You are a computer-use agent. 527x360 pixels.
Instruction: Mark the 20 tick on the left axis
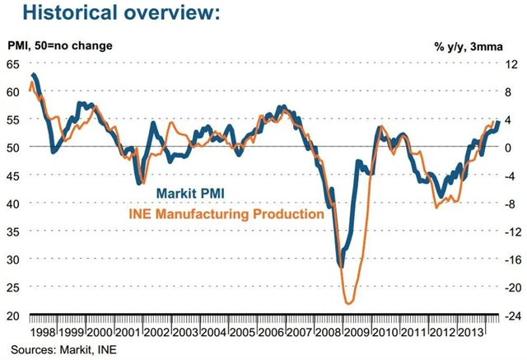(13, 316)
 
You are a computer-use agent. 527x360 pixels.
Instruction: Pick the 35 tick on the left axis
(13, 231)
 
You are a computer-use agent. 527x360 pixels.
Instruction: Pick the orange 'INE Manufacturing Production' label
(223, 214)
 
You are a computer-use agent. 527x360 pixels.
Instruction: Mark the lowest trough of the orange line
(349, 303)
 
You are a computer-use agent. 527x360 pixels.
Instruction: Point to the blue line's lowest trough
(341, 265)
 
